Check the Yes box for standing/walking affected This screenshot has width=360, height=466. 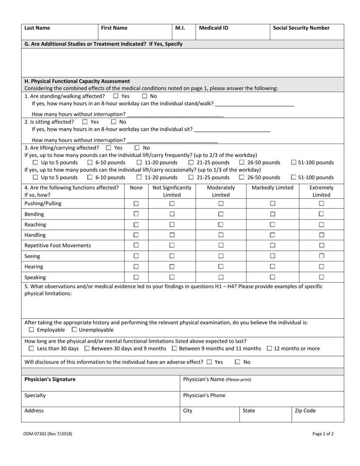point(116,96)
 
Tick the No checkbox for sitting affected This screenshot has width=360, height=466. point(114,122)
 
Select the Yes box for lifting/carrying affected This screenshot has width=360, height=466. point(109,148)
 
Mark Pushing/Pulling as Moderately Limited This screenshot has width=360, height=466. point(221,203)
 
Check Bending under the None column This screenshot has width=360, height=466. point(136,214)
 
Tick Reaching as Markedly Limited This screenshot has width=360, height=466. point(272,225)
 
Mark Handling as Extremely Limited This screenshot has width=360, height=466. point(321,235)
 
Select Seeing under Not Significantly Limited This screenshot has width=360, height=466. point(172,256)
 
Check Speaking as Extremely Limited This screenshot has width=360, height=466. point(321,277)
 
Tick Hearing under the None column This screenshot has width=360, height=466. point(136,267)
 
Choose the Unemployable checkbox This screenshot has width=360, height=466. point(74,330)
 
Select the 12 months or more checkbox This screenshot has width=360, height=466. point(269,349)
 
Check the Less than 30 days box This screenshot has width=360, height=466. point(31,349)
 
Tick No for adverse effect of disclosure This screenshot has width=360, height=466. point(237,362)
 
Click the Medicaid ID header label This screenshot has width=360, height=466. point(213,28)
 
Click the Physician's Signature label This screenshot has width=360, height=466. point(50,379)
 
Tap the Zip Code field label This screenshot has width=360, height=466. point(305,411)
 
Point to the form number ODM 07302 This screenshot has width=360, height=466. point(48,434)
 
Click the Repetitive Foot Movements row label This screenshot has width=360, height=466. point(58,246)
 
